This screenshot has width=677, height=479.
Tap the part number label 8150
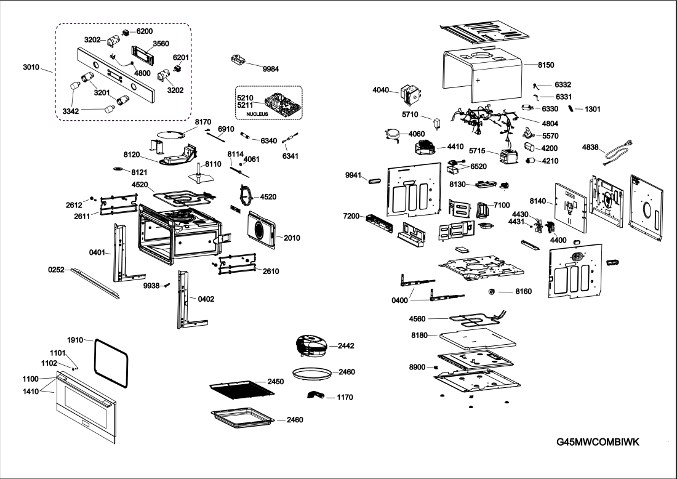(x=546, y=65)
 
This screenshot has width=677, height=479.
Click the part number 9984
(x=271, y=69)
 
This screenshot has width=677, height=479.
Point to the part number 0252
(x=57, y=270)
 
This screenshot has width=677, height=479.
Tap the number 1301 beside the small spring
(x=593, y=109)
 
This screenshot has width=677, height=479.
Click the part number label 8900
(x=417, y=367)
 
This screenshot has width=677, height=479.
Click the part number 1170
(x=345, y=397)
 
